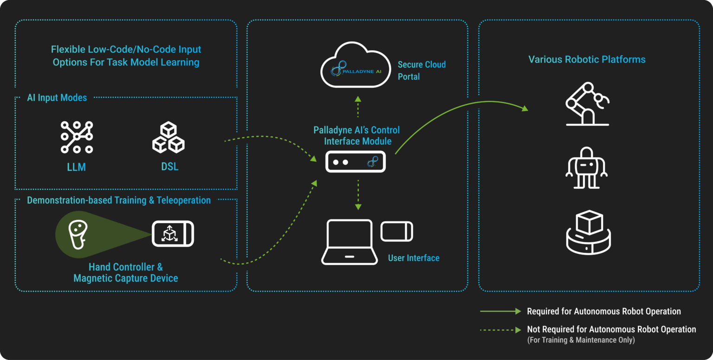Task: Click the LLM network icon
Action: click(77, 137)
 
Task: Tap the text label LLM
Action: click(77, 167)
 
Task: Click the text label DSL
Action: click(169, 167)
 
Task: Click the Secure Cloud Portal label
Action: click(421, 71)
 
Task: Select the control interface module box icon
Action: click(356, 162)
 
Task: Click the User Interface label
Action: click(414, 258)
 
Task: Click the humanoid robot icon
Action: click(587, 168)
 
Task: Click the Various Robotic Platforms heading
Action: click(587, 59)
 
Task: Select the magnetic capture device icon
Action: click(173, 234)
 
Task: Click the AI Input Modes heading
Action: click(57, 98)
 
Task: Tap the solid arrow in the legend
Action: click(500, 311)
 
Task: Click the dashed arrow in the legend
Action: click(500, 330)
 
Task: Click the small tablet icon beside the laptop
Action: click(397, 231)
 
